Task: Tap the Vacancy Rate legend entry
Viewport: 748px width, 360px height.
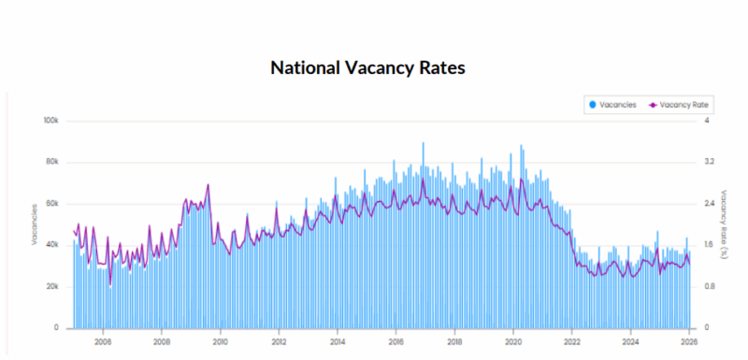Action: pyautogui.click(x=681, y=104)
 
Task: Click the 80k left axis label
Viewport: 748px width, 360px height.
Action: pyautogui.click(x=52, y=162)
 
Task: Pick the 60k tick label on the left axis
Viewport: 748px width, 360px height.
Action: pyautogui.click(x=52, y=203)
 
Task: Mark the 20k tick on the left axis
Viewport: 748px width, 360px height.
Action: pyautogui.click(x=52, y=286)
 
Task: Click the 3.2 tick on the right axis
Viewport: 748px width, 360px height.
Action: pyautogui.click(x=708, y=162)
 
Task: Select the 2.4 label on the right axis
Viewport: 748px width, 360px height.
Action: pyautogui.click(x=708, y=203)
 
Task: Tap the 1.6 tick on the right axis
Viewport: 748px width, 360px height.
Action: pyautogui.click(x=708, y=245)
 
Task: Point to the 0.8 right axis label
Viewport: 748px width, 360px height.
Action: pyautogui.click(x=708, y=286)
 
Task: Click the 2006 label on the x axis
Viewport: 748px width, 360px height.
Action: pyautogui.click(x=103, y=342)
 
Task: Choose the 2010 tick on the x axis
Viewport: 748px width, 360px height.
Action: pyautogui.click(x=220, y=342)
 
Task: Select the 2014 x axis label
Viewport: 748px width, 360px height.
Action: pyautogui.click(x=337, y=342)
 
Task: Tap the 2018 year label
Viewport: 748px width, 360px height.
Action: pyautogui.click(x=454, y=342)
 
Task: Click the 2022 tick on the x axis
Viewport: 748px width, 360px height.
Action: pyautogui.click(x=571, y=342)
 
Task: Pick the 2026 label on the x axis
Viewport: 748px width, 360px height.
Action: pyautogui.click(x=688, y=342)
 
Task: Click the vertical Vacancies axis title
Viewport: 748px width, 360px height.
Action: pyautogui.click(x=35, y=224)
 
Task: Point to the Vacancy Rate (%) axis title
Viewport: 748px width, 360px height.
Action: pyautogui.click(x=725, y=224)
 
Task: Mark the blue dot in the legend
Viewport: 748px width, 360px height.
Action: pyautogui.click(x=593, y=104)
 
